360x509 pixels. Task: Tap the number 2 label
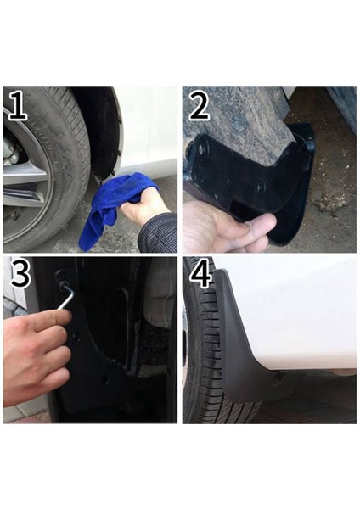coord(199,105)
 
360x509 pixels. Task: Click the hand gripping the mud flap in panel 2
coord(225,225)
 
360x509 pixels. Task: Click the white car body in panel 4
coord(297,314)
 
